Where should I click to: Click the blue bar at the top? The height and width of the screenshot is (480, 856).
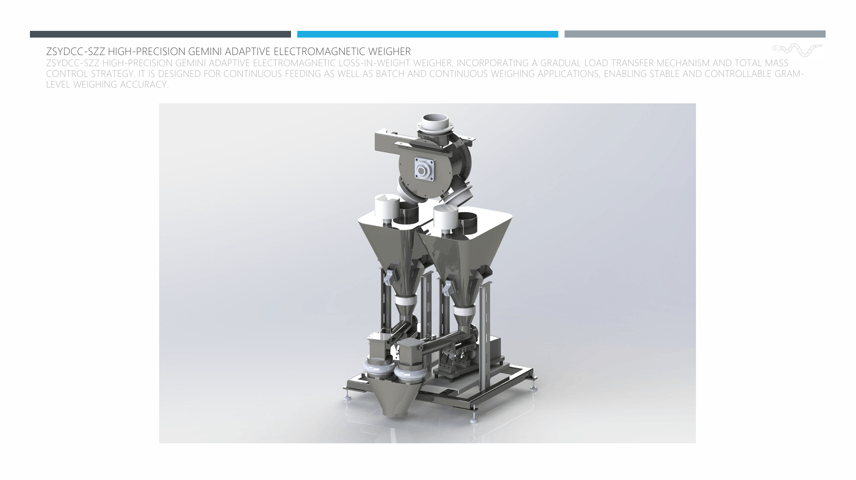pos(427,34)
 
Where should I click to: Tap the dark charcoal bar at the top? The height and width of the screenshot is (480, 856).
pos(160,34)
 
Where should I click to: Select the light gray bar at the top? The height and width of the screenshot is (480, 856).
pos(695,34)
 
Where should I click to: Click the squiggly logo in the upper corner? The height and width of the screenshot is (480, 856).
pos(797,50)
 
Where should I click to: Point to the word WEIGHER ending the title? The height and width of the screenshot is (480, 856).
pos(389,51)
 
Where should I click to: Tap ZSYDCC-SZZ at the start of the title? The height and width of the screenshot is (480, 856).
pos(76,51)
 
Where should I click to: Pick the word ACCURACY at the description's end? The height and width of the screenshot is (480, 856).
pos(143,85)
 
